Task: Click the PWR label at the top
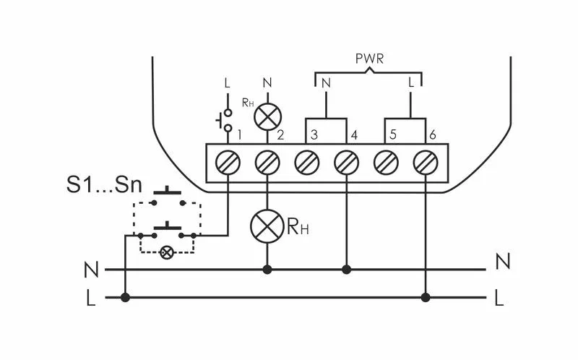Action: pyautogui.click(x=369, y=59)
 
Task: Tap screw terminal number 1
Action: pyautogui.click(x=228, y=163)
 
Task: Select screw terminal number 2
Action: pyautogui.click(x=267, y=163)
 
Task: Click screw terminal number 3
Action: pyautogui.click(x=306, y=163)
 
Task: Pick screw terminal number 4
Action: pyautogui.click(x=346, y=163)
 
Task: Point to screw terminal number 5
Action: pyautogui.click(x=386, y=163)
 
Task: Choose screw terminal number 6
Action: pyautogui.click(x=426, y=163)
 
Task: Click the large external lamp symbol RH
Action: pyautogui.click(x=267, y=226)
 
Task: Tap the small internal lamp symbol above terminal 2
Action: pyautogui.click(x=267, y=117)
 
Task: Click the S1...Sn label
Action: pyautogui.click(x=104, y=185)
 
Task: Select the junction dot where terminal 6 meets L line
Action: pyautogui.click(x=426, y=297)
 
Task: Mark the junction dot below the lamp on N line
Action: pyautogui.click(x=267, y=270)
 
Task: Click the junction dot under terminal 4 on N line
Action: pyautogui.click(x=346, y=270)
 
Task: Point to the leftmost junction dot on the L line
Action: pyautogui.click(x=125, y=297)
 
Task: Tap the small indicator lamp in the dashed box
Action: pyautogui.click(x=167, y=253)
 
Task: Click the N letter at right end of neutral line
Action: pyautogui.click(x=503, y=262)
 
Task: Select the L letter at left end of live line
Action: pyautogui.click(x=91, y=298)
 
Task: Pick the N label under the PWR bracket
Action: pyautogui.click(x=326, y=84)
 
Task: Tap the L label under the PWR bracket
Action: pyautogui.click(x=411, y=83)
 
